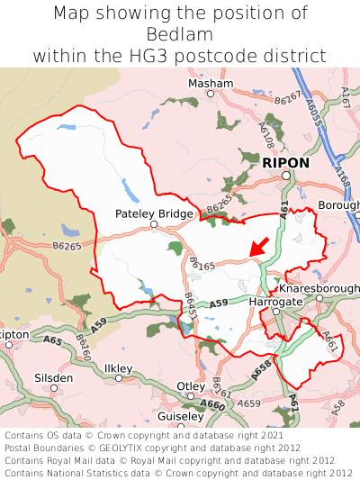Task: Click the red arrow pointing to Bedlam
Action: (x=258, y=245)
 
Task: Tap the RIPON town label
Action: (x=285, y=163)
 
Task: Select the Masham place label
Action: (x=210, y=84)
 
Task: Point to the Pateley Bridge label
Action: (x=154, y=213)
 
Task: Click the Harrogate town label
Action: (x=275, y=302)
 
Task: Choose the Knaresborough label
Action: (x=319, y=289)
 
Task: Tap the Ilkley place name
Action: (x=118, y=369)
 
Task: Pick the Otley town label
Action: (x=191, y=386)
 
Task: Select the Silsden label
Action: (x=53, y=378)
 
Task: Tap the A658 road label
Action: (x=260, y=367)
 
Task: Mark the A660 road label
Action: (x=213, y=405)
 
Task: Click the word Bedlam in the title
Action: (x=180, y=34)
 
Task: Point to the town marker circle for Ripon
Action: (x=285, y=177)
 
